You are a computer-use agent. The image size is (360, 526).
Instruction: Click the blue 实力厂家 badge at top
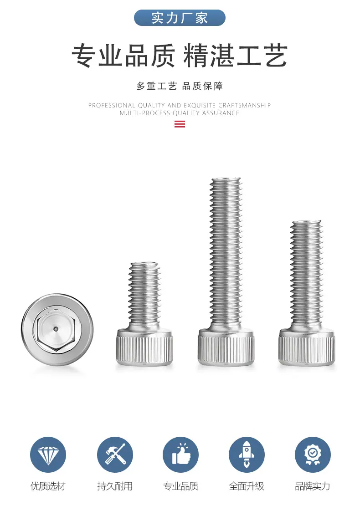tap(180, 18)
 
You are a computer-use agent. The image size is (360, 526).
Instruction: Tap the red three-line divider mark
tap(180, 124)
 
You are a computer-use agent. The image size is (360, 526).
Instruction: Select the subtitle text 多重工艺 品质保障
tap(180, 86)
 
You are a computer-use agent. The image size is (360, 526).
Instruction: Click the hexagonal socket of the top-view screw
tap(56, 329)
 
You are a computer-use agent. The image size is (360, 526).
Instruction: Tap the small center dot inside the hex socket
tap(56, 329)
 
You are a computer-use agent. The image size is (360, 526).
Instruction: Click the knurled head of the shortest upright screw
tap(144, 347)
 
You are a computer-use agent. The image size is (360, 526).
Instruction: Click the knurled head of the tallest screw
tap(226, 347)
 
